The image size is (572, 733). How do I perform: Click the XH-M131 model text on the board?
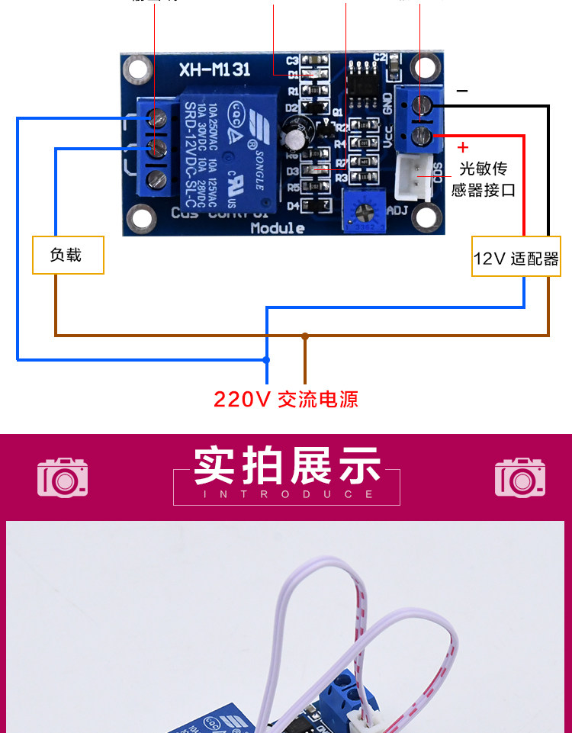(x=214, y=69)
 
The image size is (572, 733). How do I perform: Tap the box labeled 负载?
(x=67, y=255)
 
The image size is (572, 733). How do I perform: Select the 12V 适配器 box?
(x=516, y=259)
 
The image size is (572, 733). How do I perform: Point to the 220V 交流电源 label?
(x=286, y=399)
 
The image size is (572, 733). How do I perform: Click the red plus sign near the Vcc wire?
(x=462, y=147)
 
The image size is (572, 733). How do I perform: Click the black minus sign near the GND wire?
(x=461, y=91)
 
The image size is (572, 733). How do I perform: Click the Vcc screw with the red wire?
(x=422, y=137)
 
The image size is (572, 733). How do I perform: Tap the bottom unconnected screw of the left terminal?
(x=158, y=180)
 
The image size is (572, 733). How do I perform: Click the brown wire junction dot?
(x=305, y=335)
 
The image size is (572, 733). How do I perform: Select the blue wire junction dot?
(x=266, y=359)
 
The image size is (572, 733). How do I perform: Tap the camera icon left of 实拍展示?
(x=63, y=477)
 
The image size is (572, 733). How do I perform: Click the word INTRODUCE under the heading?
(x=286, y=494)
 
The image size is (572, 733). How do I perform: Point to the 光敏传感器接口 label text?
(x=484, y=179)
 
